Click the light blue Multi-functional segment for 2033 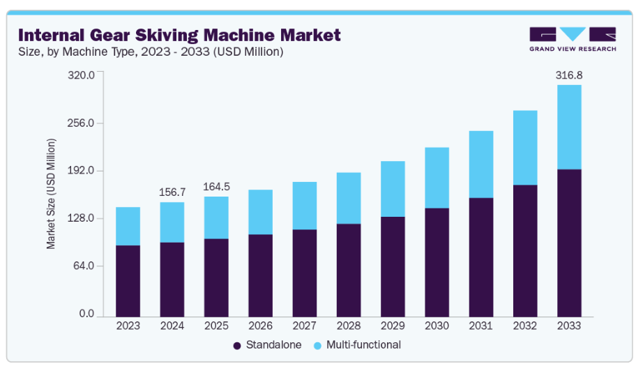[x=569, y=127]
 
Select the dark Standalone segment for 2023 [x=128, y=280]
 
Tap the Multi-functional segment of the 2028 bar [x=348, y=198]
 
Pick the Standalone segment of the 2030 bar [x=437, y=262]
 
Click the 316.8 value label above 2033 [x=569, y=74]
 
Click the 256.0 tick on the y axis [x=81, y=123]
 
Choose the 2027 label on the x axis [x=304, y=326]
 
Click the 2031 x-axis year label [x=480, y=326]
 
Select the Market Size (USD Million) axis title [x=51, y=194]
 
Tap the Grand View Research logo [x=572, y=39]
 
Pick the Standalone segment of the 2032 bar [x=525, y=250]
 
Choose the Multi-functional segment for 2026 [x=260, y=212]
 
